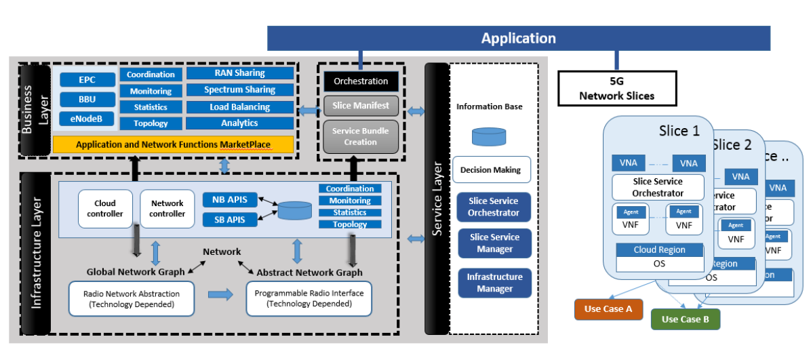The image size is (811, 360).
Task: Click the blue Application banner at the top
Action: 519,39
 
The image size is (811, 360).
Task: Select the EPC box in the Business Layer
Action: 87,80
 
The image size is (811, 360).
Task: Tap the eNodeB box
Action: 87,120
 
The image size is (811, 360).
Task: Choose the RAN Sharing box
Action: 239,73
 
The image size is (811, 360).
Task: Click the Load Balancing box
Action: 239,107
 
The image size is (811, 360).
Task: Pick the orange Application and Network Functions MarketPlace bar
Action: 173,144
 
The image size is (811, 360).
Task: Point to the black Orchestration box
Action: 361,81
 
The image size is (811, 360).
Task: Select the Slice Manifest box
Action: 361,105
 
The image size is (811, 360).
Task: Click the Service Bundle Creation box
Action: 361,137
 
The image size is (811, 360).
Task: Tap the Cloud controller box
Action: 105,209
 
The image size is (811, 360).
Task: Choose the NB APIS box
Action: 230,200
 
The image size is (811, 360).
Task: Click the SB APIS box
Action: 230,220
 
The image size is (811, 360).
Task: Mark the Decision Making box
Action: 491,170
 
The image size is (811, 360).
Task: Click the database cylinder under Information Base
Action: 490,138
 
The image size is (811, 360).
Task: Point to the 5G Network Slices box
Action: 616,89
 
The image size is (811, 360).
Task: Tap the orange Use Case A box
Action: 608,308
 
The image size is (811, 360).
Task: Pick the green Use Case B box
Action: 685,319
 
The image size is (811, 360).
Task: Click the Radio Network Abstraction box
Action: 132,299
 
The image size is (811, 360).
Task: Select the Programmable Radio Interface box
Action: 309,298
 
